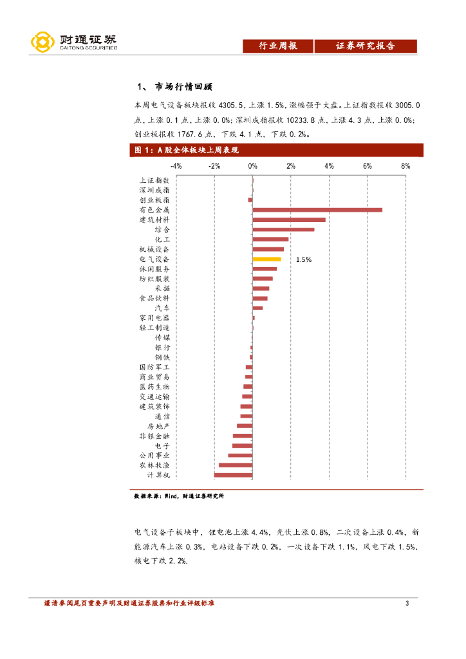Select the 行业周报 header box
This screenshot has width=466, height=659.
(277, 46)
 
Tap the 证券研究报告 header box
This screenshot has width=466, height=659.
(365, 46)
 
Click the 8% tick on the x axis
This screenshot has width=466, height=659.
(405, 166)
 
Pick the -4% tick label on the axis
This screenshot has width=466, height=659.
(176, 166)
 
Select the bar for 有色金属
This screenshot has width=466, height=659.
(317, 210)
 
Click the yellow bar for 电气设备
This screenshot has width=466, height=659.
(266, 259)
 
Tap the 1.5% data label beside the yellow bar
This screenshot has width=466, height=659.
(304, 259)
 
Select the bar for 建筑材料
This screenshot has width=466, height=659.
(289, 219)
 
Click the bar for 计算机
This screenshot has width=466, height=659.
(233, 475)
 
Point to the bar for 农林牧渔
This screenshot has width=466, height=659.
(236, 465)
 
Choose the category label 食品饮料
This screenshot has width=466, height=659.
(154, 299)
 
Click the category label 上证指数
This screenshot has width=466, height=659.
(154, 181)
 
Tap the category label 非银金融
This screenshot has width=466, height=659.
(154, 436)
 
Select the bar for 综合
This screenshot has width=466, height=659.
(283, 229)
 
